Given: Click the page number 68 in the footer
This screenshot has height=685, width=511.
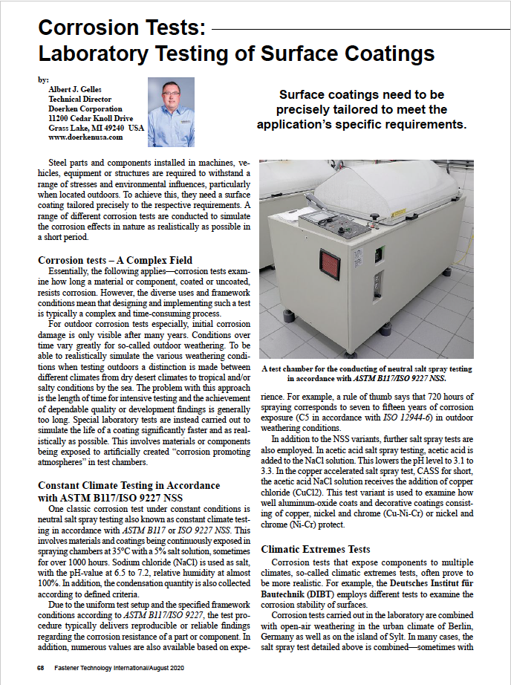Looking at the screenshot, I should (42, 668).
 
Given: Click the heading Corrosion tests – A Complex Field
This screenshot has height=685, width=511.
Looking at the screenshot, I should (115, 260).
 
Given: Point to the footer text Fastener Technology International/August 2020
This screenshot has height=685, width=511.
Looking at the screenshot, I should (127, 668).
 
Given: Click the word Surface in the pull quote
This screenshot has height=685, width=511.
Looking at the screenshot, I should (305, 95).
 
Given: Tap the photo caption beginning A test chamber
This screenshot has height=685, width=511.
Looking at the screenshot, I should (367, 372).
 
